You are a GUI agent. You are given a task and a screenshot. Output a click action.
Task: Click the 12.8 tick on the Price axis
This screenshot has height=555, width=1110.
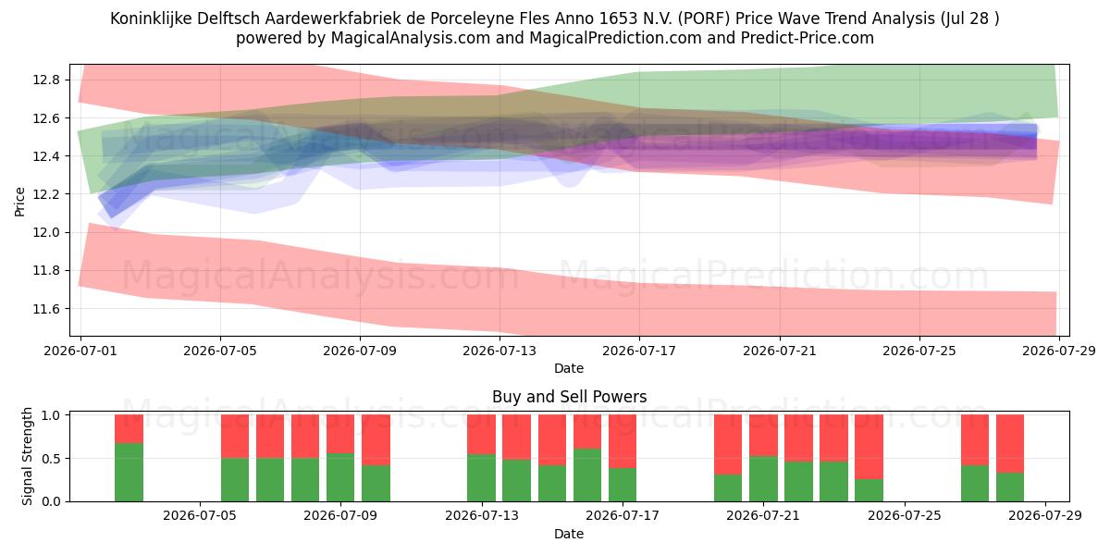[x=45, y=80]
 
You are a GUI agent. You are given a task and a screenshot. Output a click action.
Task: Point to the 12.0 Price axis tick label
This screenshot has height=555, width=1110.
[x=45, y=232]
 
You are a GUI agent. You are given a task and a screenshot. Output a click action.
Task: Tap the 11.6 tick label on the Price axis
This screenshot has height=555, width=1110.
[x=45, y=309]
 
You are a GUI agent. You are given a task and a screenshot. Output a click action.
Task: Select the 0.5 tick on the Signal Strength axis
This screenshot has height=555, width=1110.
[x=52, y=459]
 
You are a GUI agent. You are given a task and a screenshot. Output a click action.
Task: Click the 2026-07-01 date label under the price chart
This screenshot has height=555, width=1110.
[x=80, y=351]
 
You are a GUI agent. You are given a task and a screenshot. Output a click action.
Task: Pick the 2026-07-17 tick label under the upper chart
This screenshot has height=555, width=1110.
[x=639, y=351]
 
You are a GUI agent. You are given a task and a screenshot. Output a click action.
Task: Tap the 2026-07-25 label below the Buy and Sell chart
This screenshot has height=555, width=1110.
[x=905, y=515]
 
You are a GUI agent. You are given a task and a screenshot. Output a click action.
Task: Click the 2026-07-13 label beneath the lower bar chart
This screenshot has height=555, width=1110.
[x=482, y=515]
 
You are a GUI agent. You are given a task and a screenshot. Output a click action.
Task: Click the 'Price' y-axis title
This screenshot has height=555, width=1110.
[x=19, y=202]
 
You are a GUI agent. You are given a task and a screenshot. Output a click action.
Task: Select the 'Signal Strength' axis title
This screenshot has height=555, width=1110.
[x=27, y=456]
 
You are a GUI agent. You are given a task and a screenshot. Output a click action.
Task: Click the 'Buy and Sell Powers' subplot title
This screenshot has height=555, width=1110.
[x=570, y=397]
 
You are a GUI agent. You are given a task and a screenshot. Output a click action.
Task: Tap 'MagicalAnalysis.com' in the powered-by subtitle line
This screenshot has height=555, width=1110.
[x=411, y=38]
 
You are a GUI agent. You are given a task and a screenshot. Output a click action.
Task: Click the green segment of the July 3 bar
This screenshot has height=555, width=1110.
[x=129, y=473]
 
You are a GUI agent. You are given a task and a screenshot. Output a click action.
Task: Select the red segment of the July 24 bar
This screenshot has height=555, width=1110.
[x=869, y=447]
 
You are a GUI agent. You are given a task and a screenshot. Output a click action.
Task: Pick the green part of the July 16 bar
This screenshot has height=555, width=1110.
[x=587, y=475]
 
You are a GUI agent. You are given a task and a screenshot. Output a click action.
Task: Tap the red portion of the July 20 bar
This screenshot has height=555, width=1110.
[x=728, y=445]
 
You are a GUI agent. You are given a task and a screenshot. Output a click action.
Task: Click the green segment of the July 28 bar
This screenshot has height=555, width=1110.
[x=1010, y=487]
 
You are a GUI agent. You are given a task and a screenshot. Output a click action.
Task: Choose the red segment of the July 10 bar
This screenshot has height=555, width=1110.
[x=376, y=440]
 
